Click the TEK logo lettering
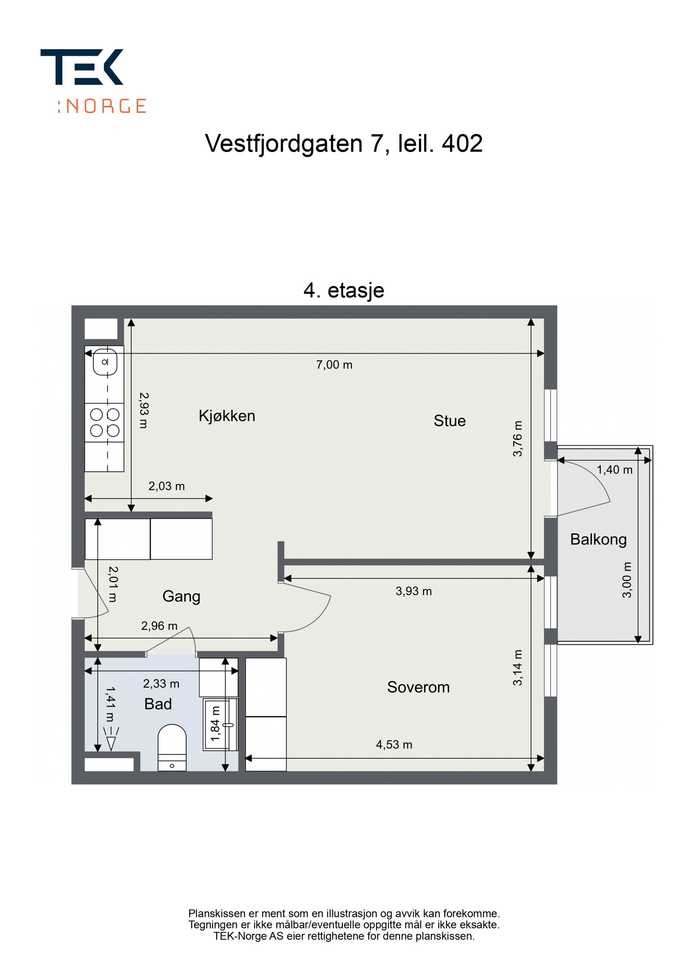pos(81,67)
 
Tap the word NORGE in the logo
pos(106,106)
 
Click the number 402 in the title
pos(462,143)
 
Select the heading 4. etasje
pos(344,290)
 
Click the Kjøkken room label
pos(227,416)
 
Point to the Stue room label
pos(449,421)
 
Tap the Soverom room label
pos(418,687)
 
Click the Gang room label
pos(181,596)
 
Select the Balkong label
pos(598,539)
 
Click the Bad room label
pos(158,704)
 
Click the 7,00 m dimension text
pos(334,365)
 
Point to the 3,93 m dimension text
pos(413,591)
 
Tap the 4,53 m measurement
pos(394,744)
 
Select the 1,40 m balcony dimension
pos(614,470)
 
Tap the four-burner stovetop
pos(104,423)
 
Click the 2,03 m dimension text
pos(166,486)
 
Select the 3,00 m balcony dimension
pos(627,579)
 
